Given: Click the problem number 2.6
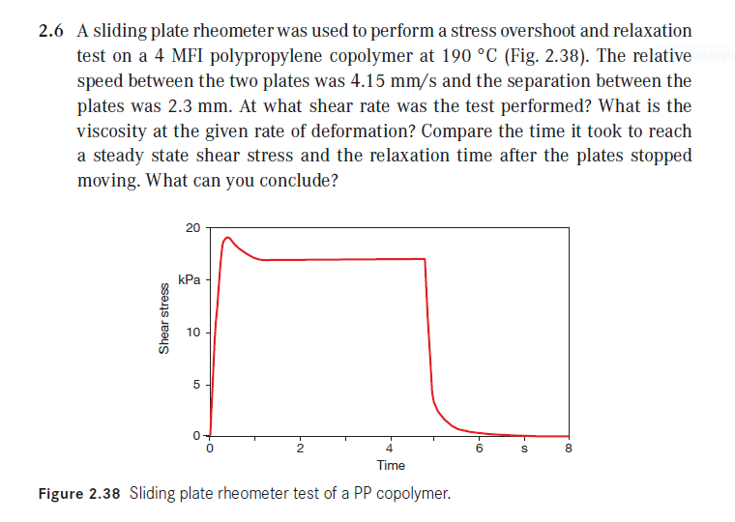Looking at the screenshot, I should click(50, 32).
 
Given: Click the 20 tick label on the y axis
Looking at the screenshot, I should click(192, 228).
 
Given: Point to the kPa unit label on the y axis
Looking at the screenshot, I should click(190, 280).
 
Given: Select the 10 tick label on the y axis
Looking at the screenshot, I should click(192, 333).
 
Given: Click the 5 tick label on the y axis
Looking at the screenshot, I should click(196, 385).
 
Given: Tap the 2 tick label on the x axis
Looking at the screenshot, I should click(300, 449).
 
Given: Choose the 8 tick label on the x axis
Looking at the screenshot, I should click(569, 449).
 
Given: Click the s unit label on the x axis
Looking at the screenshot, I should click(524, 449).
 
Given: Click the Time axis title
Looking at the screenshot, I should click(391, 466).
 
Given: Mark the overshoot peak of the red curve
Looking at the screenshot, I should click(228, 238).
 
